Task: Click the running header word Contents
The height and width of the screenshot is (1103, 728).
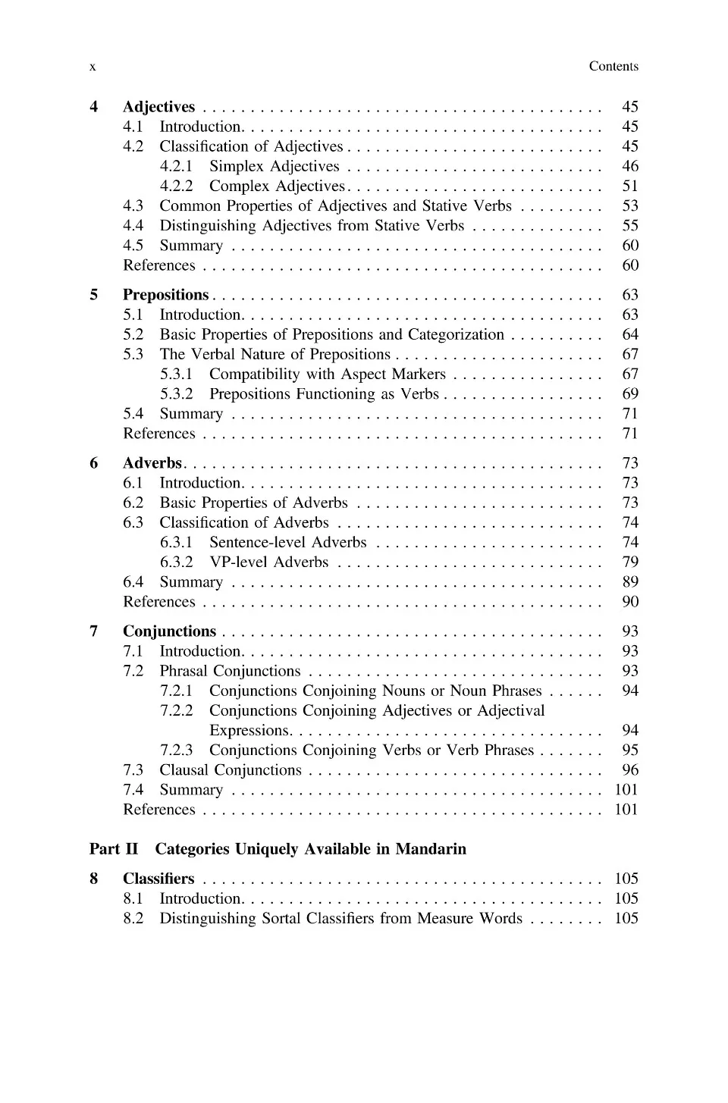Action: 613,67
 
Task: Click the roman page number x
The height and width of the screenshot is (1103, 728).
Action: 93,67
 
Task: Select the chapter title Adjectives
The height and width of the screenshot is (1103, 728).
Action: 158,107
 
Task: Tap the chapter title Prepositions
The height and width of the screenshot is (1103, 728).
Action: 165,295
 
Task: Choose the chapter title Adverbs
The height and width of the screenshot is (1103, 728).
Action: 152,463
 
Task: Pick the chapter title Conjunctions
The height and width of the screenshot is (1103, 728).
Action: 169,631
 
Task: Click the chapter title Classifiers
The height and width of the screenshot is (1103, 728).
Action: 158,879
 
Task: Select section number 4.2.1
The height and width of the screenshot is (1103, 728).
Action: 176,166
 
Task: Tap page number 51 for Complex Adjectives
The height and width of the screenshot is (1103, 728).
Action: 629,186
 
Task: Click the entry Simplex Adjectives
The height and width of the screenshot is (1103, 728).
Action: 275,166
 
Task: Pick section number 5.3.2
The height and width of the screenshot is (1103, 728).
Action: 176,393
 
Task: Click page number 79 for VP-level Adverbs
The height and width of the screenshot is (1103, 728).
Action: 629,562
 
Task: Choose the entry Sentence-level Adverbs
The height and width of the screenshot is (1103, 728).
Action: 287,542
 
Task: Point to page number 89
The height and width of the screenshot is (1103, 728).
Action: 629,581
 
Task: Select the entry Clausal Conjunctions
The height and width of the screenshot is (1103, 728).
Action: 231,769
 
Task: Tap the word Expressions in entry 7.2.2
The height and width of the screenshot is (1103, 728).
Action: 249,730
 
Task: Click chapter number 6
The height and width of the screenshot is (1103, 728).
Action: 93,463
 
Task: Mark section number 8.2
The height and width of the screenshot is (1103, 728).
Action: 133,918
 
